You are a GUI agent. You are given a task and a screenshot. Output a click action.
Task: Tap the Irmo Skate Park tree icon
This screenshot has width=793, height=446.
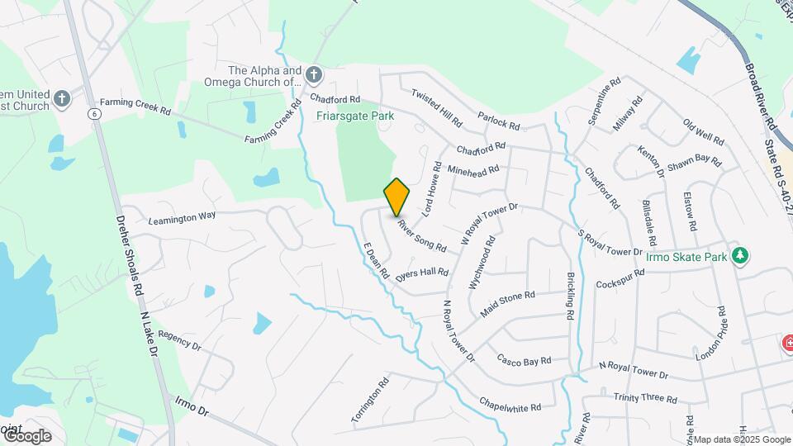tap(742, 256)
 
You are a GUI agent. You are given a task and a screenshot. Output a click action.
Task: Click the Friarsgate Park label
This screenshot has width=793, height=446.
tap(355, 116)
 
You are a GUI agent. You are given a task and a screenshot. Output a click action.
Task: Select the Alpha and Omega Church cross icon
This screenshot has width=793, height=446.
tap(313, 76)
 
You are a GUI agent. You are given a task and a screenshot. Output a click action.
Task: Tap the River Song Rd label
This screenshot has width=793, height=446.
tap(421, 235)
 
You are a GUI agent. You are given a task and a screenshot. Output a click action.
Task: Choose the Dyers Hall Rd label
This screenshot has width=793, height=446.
tap(422, 275)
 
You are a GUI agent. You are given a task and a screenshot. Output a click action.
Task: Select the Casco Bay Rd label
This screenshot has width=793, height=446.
tap(524, 360)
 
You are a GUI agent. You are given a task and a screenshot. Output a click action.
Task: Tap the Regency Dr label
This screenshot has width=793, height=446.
tap(179, 341)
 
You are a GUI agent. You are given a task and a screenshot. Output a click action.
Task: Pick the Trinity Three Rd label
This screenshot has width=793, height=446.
tap(645, 398)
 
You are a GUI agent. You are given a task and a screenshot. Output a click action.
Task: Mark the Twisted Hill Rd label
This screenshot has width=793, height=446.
tap(436, 108)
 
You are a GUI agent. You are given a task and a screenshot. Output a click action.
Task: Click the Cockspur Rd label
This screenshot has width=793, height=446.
tap(620, 279)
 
